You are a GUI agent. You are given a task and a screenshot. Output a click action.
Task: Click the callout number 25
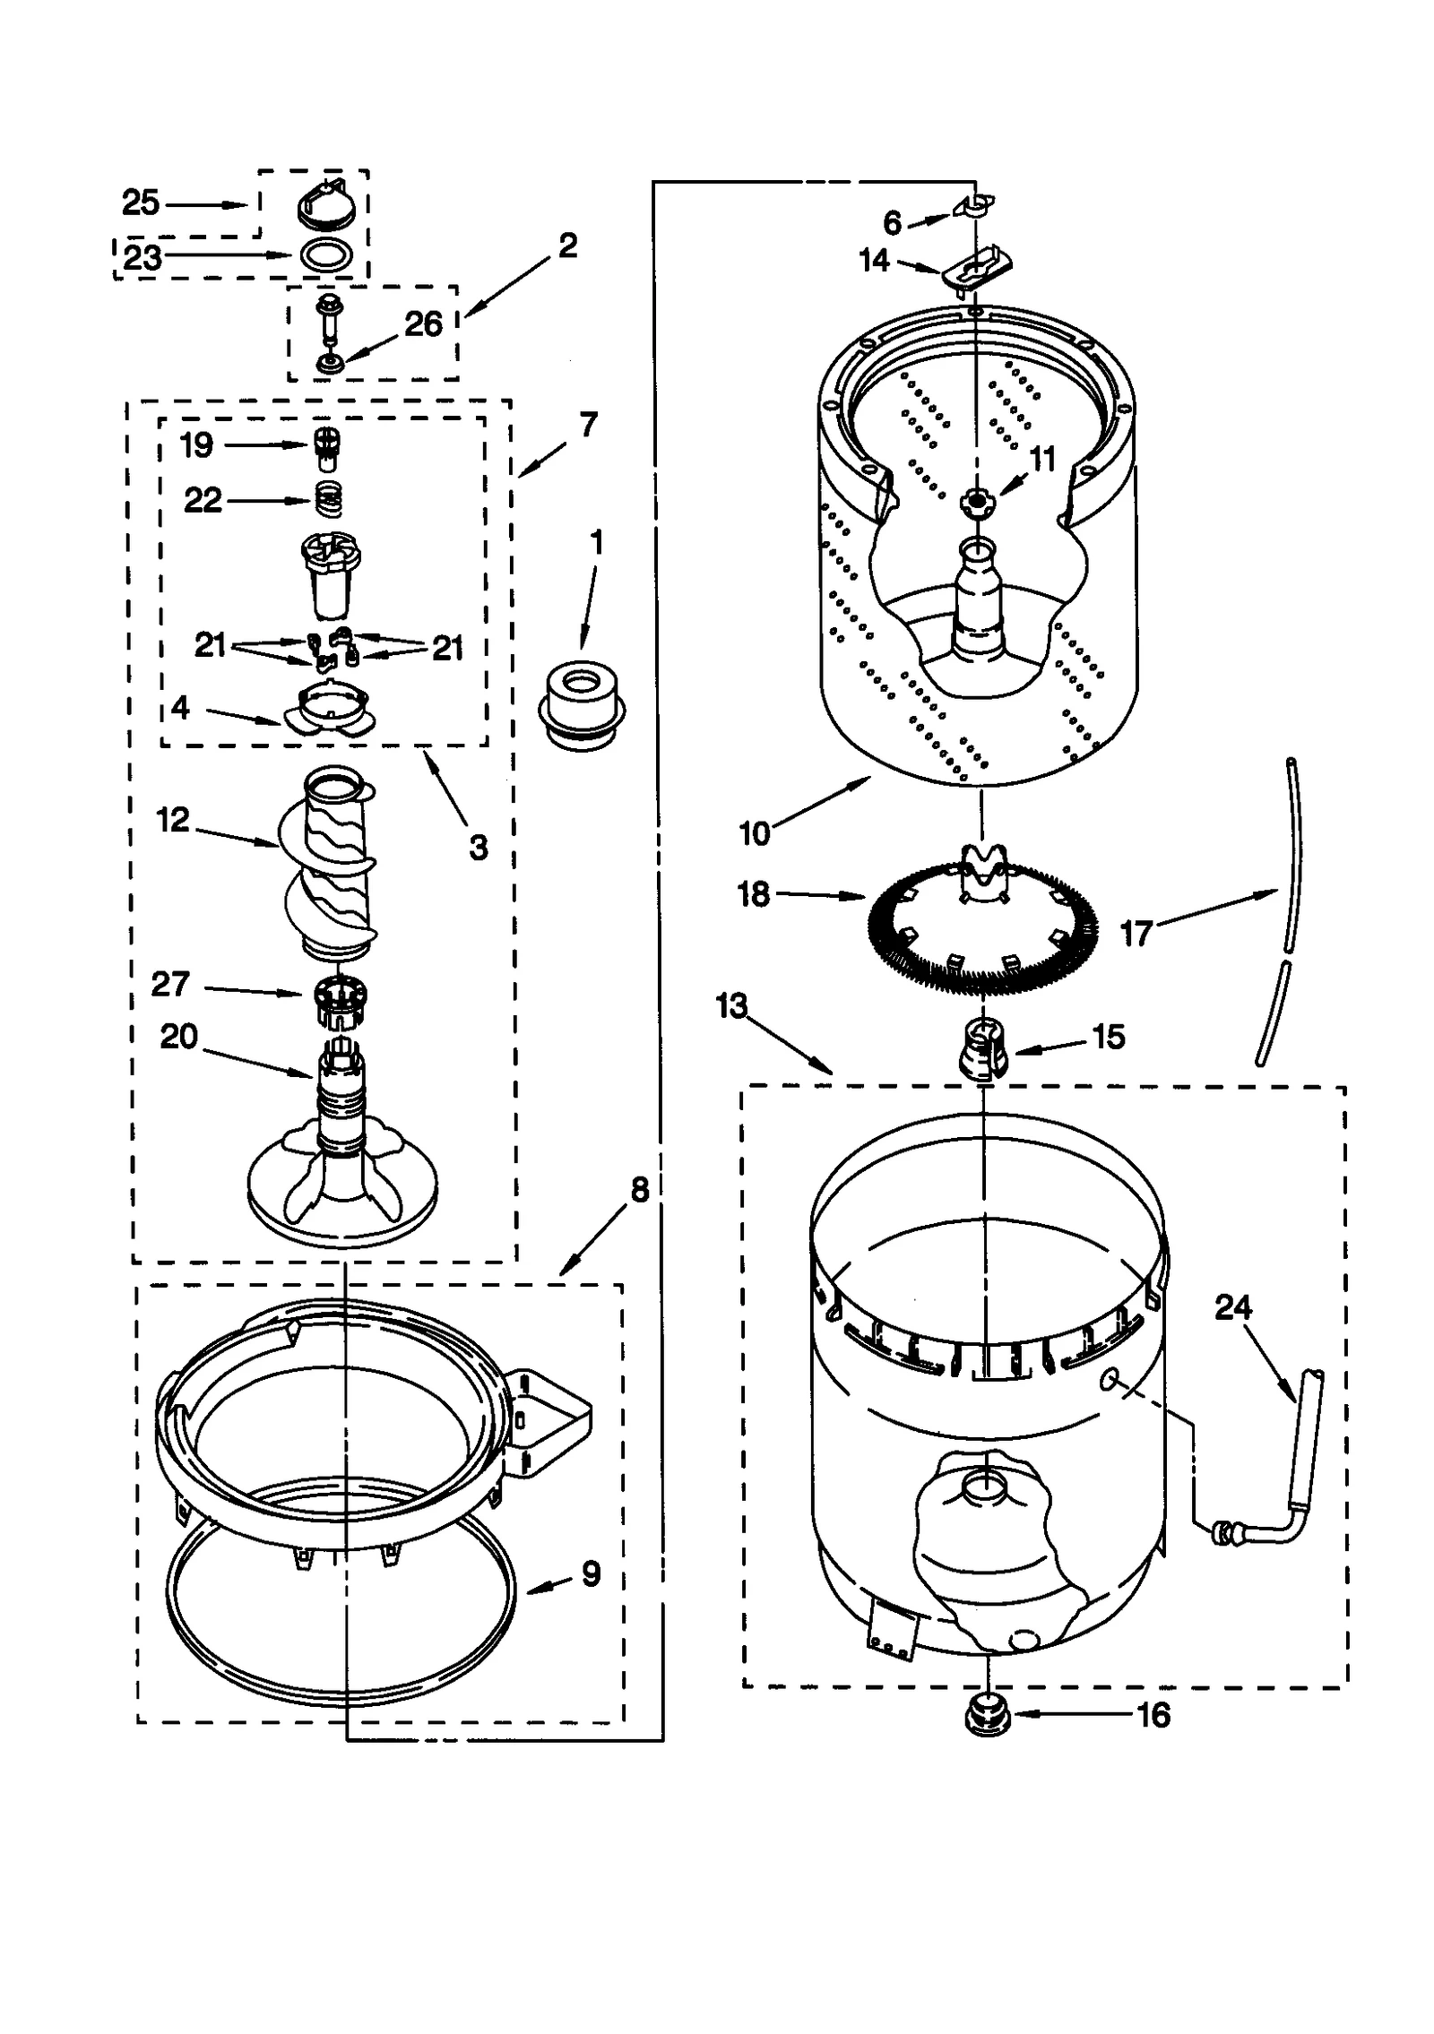141,203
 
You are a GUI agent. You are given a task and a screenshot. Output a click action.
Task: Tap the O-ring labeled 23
324,255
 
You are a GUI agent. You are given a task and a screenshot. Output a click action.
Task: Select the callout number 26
423,323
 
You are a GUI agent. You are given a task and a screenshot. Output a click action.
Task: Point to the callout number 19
196,444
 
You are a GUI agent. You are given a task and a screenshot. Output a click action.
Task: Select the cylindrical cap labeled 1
581,707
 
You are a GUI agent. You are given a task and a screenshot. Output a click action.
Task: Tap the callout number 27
170,984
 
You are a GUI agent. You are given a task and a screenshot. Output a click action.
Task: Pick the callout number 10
755,833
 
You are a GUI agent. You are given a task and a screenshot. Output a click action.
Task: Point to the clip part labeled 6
977,203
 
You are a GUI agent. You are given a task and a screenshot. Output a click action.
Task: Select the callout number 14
874,260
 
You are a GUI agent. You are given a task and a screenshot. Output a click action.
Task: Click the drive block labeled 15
984,1048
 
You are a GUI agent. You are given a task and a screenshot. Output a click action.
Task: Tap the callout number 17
1136,934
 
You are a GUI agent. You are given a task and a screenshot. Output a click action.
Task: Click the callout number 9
591,1573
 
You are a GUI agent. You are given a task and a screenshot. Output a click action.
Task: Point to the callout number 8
639,1191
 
